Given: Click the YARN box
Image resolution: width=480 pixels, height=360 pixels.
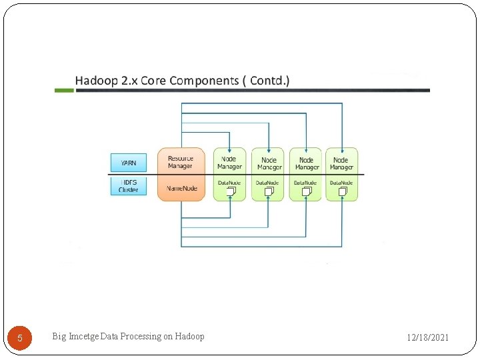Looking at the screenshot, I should tap(128, 163).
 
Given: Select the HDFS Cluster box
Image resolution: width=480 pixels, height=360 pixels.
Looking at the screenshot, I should tap(128, 185).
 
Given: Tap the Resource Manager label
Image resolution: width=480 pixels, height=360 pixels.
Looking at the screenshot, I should tap(181, 162).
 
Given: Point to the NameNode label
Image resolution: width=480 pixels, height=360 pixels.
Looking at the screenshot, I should tap(181, 189).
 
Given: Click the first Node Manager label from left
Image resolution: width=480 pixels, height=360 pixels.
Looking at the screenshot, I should tap(229, 163).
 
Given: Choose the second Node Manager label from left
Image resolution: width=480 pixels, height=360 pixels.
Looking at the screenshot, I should tap(269, 163).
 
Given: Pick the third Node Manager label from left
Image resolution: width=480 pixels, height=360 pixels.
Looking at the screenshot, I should tap(307, 163).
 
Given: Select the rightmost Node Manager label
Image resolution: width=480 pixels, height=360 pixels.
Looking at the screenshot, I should tap(341, 163).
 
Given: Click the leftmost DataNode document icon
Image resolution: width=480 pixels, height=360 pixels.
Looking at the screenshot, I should tap(231, 191).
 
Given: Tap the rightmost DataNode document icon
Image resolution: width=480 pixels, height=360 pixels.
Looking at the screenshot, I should tap(343, 191).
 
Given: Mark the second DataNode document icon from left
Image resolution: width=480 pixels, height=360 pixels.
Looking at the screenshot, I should tap(269, 191).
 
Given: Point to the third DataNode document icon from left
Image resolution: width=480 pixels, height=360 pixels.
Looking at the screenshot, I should tap(307, 191).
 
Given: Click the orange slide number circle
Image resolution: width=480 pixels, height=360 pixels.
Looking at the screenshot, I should tap(20, 338).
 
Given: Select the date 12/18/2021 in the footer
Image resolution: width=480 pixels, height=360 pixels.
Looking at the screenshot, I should tap(428, 338).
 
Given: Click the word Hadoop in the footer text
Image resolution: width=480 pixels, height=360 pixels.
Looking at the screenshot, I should tap(190, 336).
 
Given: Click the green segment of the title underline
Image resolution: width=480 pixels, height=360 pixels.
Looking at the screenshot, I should tap(65, 90).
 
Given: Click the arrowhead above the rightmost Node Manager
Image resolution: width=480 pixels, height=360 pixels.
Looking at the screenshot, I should tap(342, 149).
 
